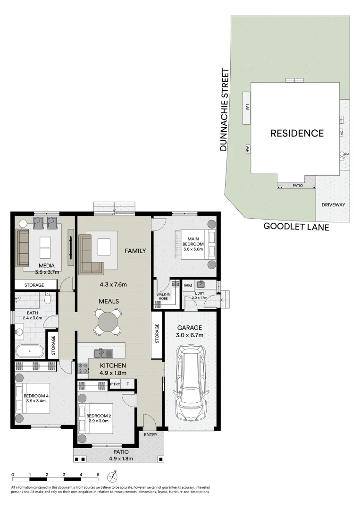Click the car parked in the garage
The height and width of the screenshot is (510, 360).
190,382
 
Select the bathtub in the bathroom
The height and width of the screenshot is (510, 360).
29,351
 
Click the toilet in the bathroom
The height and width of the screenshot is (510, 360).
47,298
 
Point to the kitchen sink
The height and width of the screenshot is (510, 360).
102,353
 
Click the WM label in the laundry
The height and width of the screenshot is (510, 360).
188,285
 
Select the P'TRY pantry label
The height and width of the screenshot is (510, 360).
115,384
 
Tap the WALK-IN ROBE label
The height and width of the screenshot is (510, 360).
163,297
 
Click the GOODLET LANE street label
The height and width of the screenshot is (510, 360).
296,227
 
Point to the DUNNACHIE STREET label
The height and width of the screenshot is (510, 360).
226,110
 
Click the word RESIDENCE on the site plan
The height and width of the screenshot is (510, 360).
297,134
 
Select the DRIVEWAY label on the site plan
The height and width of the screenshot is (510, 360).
333,205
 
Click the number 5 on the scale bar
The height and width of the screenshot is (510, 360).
98,474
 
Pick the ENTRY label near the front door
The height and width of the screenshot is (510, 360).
151,434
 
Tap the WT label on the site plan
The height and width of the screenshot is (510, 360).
246,108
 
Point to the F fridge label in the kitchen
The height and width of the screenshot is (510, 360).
128,384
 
